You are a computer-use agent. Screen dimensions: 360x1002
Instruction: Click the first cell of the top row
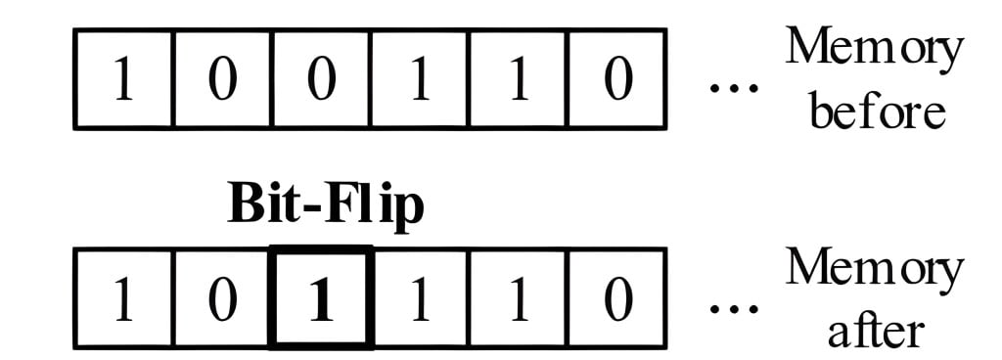tap(124, 79)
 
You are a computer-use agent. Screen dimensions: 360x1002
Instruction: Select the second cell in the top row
tap(223, 79)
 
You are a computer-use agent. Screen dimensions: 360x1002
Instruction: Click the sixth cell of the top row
tap(617, 79)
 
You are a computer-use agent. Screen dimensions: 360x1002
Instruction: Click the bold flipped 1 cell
tap(322, 297)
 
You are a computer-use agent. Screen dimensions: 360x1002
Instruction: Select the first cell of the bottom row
tap(124, 297)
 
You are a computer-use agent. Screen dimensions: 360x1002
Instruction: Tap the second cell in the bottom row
tap(223, 297)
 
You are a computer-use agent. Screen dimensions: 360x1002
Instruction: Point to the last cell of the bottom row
tap(617, 297)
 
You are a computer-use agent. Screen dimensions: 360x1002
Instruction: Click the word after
tap(874, 331)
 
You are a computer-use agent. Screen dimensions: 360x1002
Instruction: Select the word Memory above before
tap(874, 49)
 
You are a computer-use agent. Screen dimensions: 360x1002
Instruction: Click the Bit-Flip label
tap(326, 206)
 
